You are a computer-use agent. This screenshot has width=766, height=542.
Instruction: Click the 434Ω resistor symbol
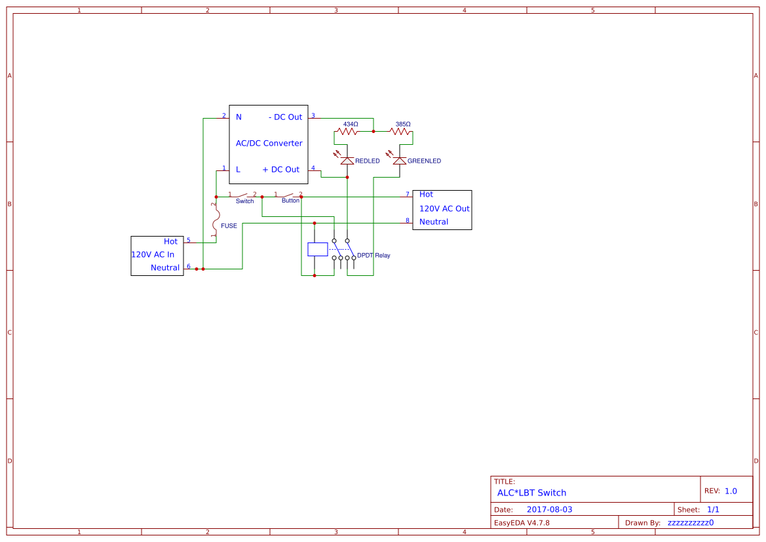pyautogui.click(x=347, y=132)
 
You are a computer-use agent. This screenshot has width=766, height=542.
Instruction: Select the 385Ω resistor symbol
pyautogui.click(x=400, y=132)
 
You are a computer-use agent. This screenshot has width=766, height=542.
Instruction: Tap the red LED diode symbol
pyautogui.click(x=347, y=161)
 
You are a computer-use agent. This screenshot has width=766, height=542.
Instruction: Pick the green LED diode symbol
pyautogui.click(x=400, y=161)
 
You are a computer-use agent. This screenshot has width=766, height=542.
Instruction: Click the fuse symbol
pyautogui.click(x=216, y=223)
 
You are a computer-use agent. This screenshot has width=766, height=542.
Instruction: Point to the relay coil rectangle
pyautogui.click(x=317, y=249)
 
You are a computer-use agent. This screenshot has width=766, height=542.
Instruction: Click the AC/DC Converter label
pyautogui.click(x=269, y=144)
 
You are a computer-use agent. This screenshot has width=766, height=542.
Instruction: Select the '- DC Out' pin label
pyautogui.click(x=285, y=117)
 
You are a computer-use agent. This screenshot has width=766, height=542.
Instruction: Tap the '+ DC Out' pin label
pyautogui.click(x=280, y=170)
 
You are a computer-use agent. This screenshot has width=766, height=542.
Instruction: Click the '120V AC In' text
pyautogui.click(x=153, y=255)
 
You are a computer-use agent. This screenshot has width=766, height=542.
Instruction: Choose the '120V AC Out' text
pyautogui.click(x=444, y=209)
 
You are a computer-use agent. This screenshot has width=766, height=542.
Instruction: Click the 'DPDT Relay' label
pyautogui.click(x=373, y=256)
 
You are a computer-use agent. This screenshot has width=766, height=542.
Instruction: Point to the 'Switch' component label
pyautogui.click(x=244, y=201)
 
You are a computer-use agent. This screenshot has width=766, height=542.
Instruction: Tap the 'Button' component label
pyautogui.click(x=290, y=201)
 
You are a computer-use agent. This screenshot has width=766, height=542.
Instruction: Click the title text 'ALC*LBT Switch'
pyautogui.click(x=531, y=493)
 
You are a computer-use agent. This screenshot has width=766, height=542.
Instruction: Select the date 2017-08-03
pyautogui.click(x=549, y=510)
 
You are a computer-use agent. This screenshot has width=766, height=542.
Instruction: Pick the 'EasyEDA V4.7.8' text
pyautogui.click(x=522, y=523)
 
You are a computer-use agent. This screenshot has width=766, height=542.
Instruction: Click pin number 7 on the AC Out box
pyautogui.click(x=407, y=194)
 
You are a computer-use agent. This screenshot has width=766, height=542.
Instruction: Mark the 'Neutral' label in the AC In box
pyautogui.click(x=165, y=268)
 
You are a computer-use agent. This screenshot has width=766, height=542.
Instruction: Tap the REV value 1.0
pyautogui.click(x=731, y=491)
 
